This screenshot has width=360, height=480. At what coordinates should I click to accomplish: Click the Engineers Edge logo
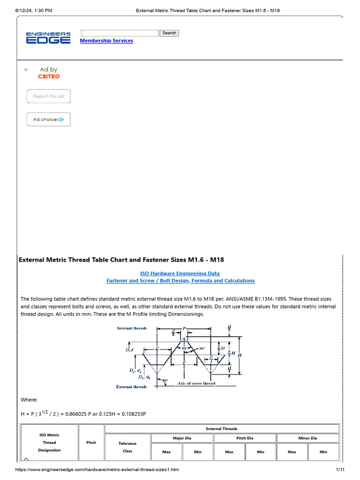[x=48, y=38]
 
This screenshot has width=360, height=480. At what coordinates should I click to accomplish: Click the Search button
[x=169, y=33]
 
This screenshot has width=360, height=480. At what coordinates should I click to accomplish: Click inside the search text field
[x=120, y=33]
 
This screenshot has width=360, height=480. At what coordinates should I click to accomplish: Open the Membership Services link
[x=106, y=41]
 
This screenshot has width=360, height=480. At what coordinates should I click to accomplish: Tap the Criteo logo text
[x=49, y=76]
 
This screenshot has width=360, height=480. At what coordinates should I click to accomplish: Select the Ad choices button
[x=48, y=120]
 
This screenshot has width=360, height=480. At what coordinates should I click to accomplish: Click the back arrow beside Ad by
[x=26, y=69]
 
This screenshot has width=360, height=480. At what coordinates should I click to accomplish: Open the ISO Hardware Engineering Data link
[x=180, y=273]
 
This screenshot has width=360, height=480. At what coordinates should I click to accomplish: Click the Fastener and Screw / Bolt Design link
[x=180, y=281]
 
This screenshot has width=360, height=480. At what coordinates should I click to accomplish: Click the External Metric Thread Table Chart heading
[x=124, y=260]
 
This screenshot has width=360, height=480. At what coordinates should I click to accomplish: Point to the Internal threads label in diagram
[x=132, y=329]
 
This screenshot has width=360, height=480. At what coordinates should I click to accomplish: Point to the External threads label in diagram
[x=131, y=387]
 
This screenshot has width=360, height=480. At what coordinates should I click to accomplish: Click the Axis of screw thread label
[x=196, y=383]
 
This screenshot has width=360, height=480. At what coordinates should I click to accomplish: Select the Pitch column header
[x=91, y=442]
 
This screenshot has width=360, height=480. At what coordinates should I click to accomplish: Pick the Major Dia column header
[x=182, y=438]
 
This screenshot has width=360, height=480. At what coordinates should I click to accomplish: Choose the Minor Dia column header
[x=307, y=438]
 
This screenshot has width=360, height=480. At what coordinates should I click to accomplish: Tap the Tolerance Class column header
[x=127, y=447]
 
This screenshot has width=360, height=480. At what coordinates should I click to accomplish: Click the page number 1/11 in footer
[x=340, y=469]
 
